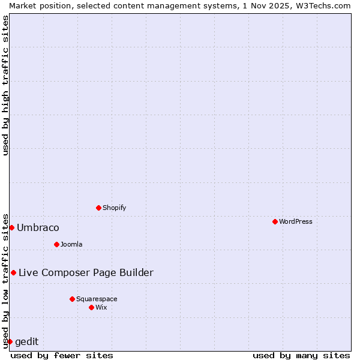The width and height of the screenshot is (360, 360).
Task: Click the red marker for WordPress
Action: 275,221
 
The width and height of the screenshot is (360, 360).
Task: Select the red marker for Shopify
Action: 98,208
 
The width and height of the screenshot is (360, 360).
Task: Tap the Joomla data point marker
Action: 56,244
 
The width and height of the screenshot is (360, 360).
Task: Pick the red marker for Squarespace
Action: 72,299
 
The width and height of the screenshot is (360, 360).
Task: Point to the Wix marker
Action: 91,307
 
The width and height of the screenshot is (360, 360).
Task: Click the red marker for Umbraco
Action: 11,227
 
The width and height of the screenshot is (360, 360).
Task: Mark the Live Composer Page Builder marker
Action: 13,272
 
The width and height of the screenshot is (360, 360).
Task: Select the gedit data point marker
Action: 10,341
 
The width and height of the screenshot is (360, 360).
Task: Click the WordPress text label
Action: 296,221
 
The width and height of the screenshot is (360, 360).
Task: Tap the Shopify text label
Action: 115,208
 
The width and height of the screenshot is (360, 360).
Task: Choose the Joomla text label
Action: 71,244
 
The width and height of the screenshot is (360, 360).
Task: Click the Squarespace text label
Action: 97,299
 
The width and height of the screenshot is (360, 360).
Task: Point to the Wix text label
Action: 101,307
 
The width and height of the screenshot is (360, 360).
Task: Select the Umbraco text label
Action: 38,227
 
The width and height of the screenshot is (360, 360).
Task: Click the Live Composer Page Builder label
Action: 86,272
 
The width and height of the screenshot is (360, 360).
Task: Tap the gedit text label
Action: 26,341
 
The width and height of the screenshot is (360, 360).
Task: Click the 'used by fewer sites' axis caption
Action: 62,355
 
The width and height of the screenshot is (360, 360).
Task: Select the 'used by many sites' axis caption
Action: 301,355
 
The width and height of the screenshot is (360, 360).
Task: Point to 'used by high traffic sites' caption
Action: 5,85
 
